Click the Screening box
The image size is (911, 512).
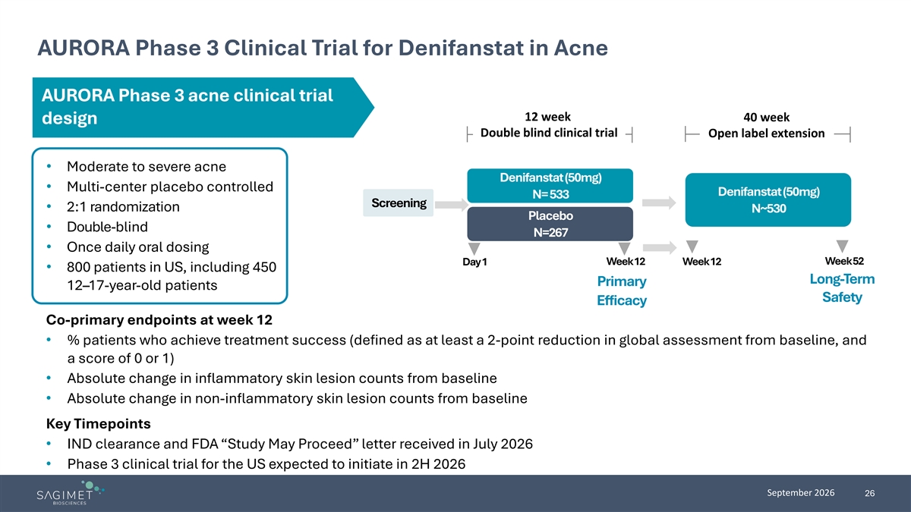398,203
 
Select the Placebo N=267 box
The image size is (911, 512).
550,224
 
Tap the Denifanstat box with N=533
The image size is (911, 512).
550,186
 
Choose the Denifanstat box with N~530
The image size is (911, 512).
768,200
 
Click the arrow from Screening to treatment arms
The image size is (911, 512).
452,204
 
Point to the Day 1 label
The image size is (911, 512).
474,262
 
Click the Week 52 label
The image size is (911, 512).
844,261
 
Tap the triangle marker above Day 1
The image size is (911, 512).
474,248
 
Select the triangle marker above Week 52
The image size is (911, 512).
842,246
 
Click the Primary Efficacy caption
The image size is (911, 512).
622,291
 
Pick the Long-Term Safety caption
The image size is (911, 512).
842,288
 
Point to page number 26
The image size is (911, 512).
869,493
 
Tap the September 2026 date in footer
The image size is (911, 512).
800,493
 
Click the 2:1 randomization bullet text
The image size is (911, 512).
123,207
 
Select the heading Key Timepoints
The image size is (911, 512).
99,424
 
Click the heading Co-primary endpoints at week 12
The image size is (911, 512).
159,320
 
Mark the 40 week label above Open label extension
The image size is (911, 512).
766,118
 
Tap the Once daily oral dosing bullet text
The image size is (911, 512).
138,247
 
